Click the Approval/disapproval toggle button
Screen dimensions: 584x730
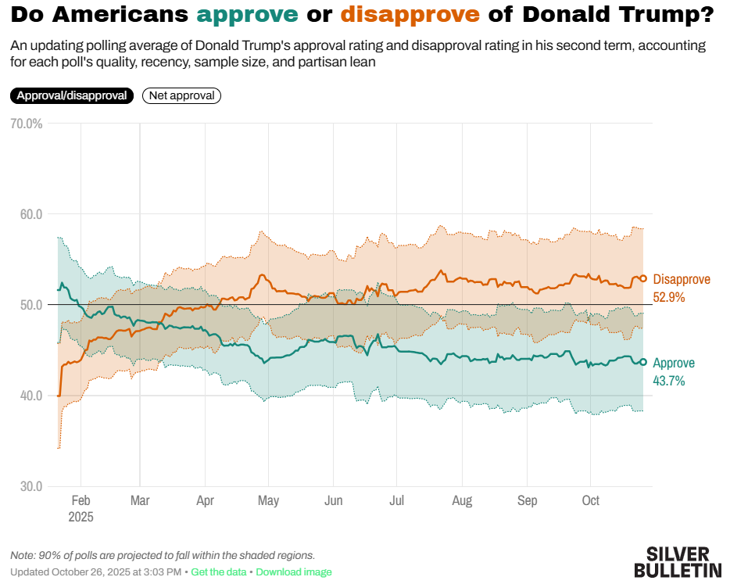point(72,95)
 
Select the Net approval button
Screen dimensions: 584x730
point(182,95)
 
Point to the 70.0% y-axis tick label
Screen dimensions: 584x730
point(26,124)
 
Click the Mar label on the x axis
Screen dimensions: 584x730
point(140,500)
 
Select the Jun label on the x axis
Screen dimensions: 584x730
point(334,500)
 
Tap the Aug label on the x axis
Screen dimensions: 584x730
point(462,500)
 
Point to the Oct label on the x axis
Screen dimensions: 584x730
point(591,500)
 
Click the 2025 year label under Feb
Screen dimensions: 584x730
point(81,517)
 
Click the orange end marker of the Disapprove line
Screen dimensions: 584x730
point(643,278)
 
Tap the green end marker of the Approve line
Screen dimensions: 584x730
point(643,362)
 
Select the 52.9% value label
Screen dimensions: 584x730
point(669,297)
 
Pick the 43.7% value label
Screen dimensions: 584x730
point(669,382)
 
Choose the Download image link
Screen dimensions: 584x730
point(294,572)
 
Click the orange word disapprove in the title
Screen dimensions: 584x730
point(410,14)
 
